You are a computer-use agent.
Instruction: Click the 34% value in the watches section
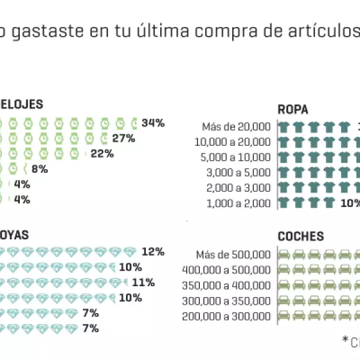pyautogui.click(x=153, y=123)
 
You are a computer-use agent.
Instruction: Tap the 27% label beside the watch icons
pyautogui.click(x=123, y=139)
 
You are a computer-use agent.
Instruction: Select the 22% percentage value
pyautogui.click(x=102, y=154)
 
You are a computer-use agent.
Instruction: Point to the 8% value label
pyautogui.click(x=40, y=169)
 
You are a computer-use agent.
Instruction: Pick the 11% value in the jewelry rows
pyautogui.click(x=144, y=283)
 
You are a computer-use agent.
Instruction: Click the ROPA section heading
pyautogui.click(x=293, y=109)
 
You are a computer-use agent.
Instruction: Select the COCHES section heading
pyautogui.click(x=301, y=236)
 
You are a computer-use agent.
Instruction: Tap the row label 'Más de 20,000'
pyautogui.click(x=236, y=127)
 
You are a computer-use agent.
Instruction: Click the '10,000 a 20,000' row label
pyautogui.click(x=233, y=142)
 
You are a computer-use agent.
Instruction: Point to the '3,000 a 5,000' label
pyautogui.click(x=238, y=173)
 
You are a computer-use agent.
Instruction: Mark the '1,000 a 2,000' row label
pyautogui.click(x=238, y=203)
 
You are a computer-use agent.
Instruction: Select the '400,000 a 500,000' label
pyautogui.click(x=226, y=270)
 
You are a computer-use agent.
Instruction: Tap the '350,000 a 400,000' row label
pyautogui.click(x=226, y=285)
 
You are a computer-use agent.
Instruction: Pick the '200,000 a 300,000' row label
pyautogui.click(x=226, y=316)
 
